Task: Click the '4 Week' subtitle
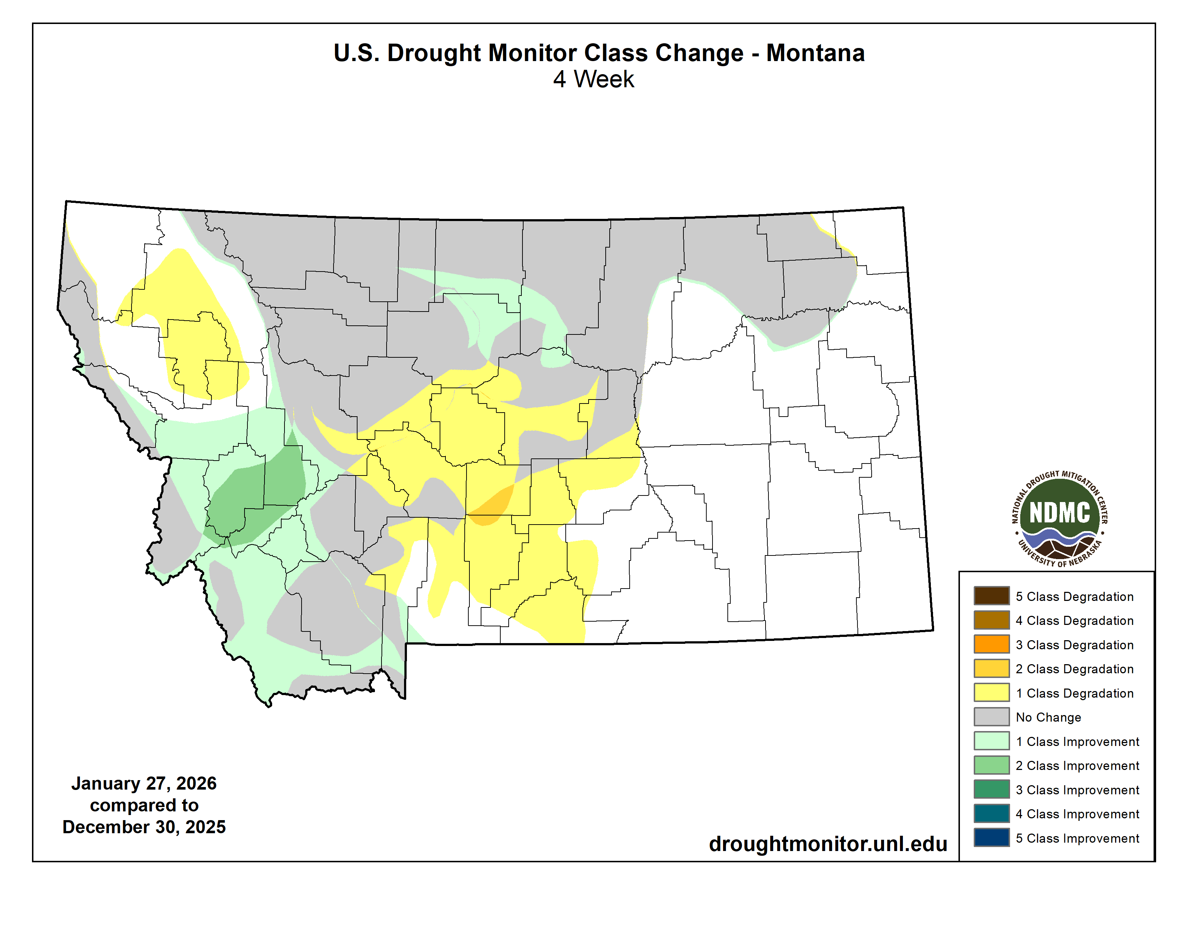pos(593,80)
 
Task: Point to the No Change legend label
pos(1047,717)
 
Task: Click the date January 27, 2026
pos(144,783)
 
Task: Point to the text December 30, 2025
pos(144,827)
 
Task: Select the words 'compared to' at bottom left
pos(144,805)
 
